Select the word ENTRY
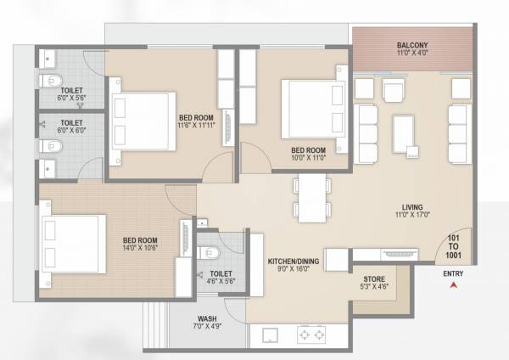point(453,273)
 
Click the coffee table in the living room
point(403,131)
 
